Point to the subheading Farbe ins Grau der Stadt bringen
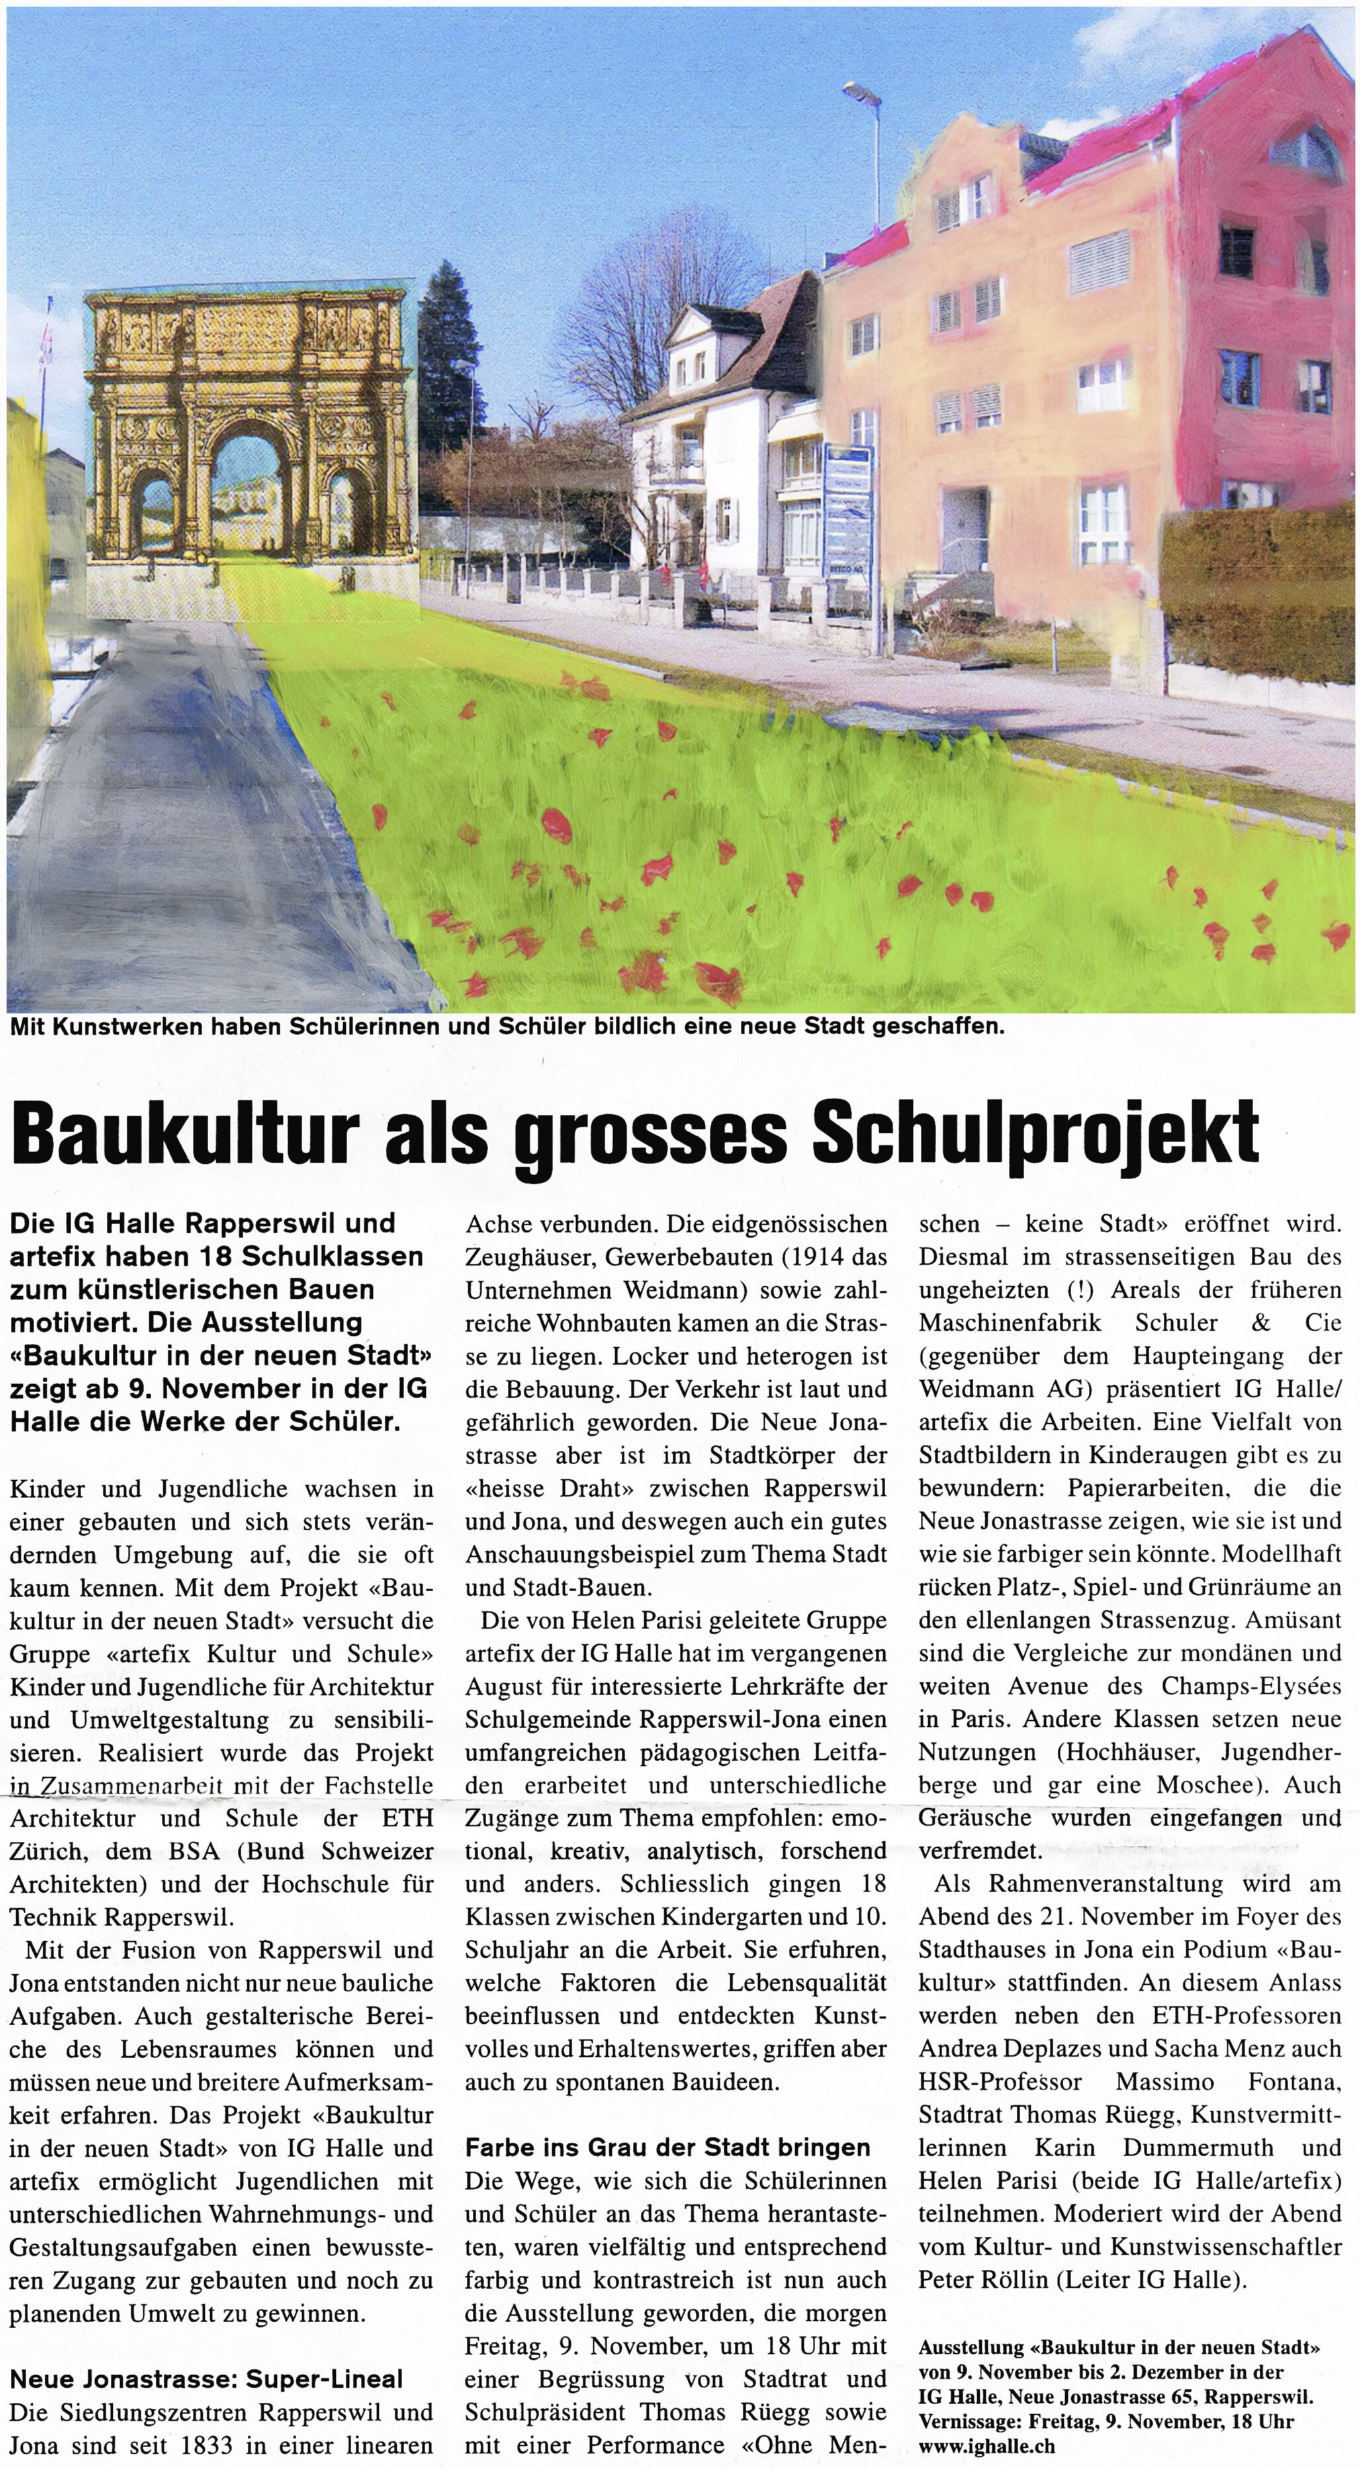coord(668,2147)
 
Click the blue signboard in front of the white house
coord(849,508)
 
